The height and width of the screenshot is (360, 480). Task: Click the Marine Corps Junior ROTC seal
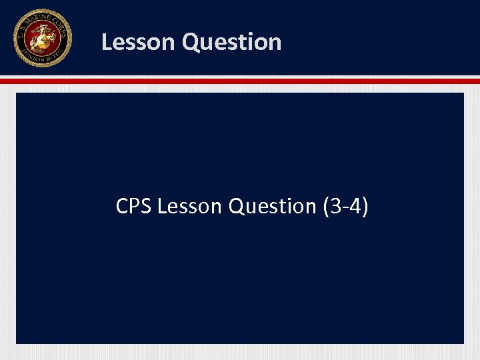(41, 38)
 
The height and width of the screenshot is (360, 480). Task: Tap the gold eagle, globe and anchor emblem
(41, 39)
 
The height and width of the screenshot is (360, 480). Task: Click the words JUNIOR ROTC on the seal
(41, 59)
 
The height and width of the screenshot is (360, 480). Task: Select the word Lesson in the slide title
(138, 42)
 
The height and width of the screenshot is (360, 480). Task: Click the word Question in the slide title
(231, 42)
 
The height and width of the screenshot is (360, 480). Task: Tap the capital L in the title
(107, 42)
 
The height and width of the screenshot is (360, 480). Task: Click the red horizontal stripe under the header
(240, 81)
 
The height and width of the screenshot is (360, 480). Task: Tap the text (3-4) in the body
(345, 207)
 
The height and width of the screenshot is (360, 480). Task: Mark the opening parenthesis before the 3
(325, 207)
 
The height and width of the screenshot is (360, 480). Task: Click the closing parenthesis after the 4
(364, 207)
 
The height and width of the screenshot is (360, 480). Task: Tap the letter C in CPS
(122, 207)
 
